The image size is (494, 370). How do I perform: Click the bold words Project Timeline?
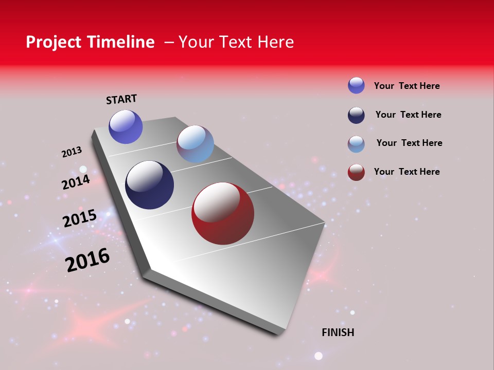click(x=90, y=42)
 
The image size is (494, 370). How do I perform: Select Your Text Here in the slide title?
click(x=236, y=42)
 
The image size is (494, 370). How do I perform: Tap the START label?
click(x=121, y=99)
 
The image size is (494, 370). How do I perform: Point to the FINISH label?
click(x=338, y=332)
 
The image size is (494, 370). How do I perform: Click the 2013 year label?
click(x=72, y=152)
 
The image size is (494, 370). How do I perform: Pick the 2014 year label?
click(x=76, y=182)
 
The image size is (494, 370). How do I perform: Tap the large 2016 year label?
click(x=87, y=260)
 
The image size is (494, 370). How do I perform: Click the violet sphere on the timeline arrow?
click(x=126, y=127)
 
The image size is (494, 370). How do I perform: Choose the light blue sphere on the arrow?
click(x=195, y=144)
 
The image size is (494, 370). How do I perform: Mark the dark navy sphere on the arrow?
click(x=149, y=185)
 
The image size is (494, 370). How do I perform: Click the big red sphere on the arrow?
click(x=223, y=213)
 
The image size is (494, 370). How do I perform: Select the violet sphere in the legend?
click(x=356, y=85)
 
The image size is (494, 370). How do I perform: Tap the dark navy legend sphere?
click(x=356, y=115)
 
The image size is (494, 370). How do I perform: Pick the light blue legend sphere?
click(x=356, y=144)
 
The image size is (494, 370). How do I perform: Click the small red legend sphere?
click(x=356, y=172)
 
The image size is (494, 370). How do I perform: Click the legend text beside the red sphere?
click(x=407, y=172)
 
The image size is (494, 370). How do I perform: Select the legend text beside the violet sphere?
click(x=407, y=86)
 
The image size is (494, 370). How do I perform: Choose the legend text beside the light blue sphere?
click(x=409, y=143)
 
